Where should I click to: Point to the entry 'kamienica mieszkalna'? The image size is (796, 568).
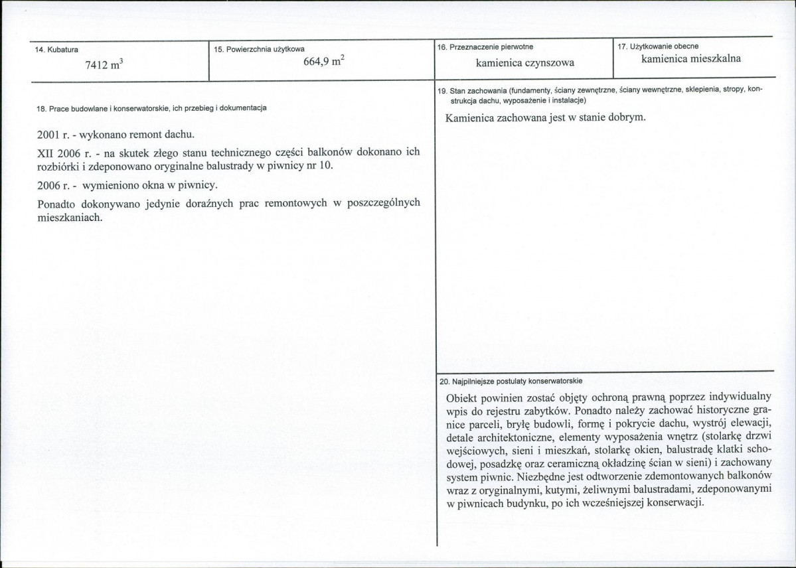tap(691, 59)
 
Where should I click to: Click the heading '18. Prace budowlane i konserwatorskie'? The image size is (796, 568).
tap(152, 107)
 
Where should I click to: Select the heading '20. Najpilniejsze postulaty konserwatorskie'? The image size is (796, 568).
tap(511, 382)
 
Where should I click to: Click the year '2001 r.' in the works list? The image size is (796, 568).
tap(53, 135)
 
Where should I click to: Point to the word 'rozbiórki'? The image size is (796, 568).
tap(58, 165)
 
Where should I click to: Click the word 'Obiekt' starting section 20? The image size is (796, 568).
tap(463, 397)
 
